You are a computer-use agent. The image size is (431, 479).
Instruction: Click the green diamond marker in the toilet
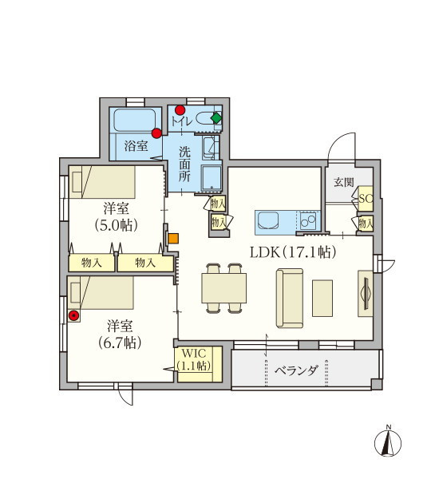[216, 118]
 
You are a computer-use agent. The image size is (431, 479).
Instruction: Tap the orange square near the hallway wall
[173, 239]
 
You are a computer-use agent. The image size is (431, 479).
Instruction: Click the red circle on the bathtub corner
[156, 133]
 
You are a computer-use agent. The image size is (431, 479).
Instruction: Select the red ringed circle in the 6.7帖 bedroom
[73, 316]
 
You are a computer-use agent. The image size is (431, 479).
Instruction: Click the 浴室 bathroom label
[136, 146]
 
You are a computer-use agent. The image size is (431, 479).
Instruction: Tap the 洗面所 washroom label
[184, 164]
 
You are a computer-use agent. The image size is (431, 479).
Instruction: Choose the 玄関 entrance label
[344, 182]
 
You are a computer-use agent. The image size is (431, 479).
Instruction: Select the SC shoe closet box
[366, 199]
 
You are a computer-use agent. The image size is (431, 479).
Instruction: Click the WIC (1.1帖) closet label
[194, 359]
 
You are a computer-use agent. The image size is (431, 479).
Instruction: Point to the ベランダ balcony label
[296, 371]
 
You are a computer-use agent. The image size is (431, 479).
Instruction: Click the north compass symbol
[388, 442]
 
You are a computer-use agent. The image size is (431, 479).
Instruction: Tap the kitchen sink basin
[268, 220]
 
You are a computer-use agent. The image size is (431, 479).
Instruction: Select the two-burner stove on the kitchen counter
[308, 220]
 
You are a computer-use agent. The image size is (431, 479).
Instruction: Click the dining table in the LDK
[224, 288]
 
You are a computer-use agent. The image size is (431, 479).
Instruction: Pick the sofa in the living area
[290, 299]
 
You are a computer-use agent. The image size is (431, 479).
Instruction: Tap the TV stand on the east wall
[366, 293]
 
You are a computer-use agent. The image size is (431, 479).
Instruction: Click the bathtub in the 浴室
[135, 121]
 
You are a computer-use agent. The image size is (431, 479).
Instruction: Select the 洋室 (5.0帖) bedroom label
[116, 217]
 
